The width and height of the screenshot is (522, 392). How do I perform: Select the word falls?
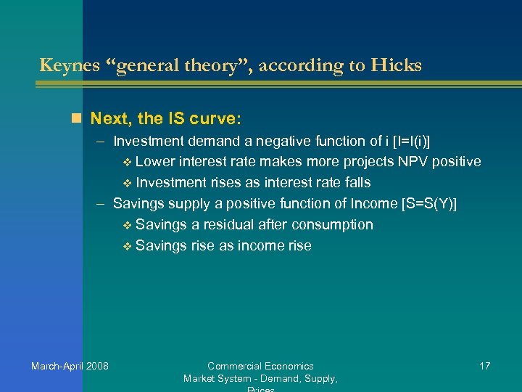pyautogui.click(x=352, y=182)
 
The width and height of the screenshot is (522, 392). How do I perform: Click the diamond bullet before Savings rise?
pyautogui.click(x=128, y=246)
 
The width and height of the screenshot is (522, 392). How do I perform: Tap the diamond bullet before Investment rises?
pyautogui.click(x=128, y=182)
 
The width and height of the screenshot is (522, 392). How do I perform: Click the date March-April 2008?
pyautogui.click(x=70, y=366)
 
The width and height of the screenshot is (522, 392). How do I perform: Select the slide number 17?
pyautogui.click(x=484, y=366)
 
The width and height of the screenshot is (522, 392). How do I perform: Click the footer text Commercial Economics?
pyautogui.click(x=260, y=366)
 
